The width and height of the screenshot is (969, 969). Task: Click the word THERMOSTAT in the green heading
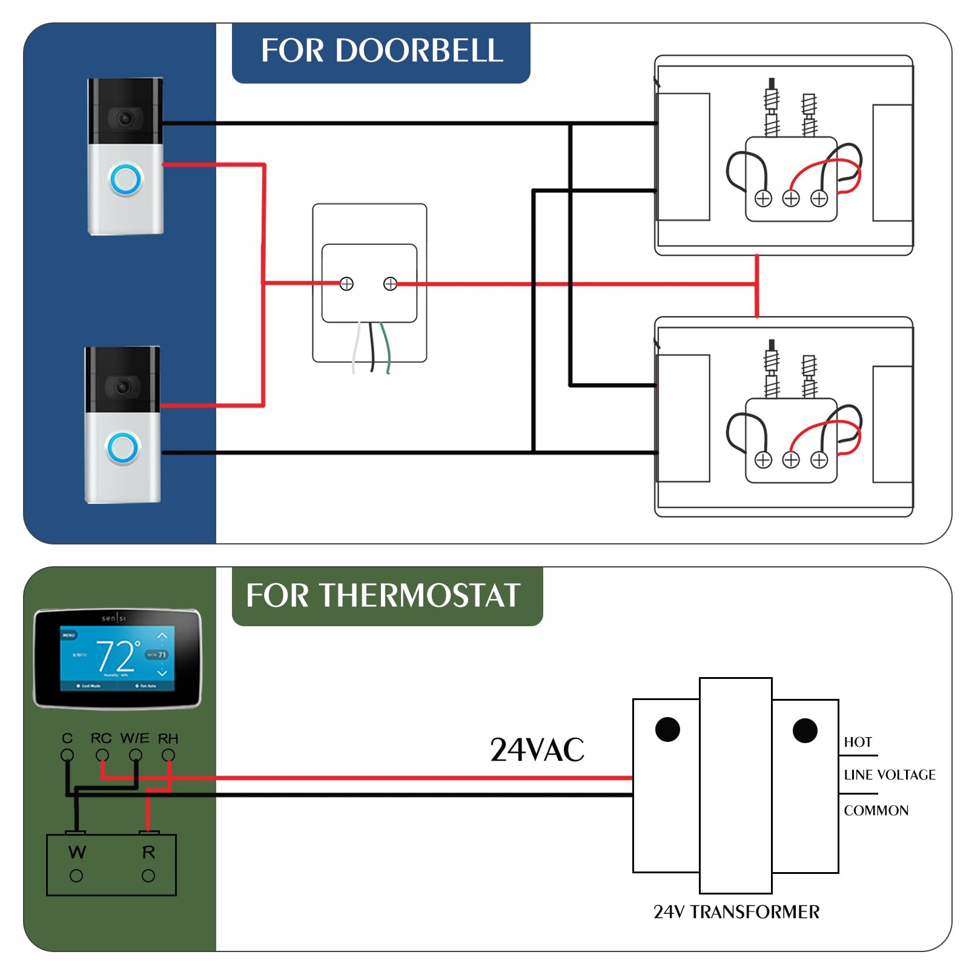click(x=420, y=595)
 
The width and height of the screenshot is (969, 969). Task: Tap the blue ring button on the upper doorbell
click(x=125, y=179)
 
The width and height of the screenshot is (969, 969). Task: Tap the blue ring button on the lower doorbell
click(x=123, y=448)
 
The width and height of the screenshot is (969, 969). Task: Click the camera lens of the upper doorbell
click(x=125, y=118)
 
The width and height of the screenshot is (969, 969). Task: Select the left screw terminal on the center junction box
click(x=346, y=283)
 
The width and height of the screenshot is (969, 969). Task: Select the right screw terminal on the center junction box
click(x=390, y=283)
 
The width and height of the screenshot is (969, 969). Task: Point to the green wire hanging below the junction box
click(x=386, y=348)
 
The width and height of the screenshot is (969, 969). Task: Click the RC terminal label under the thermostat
click(x=101, y=738)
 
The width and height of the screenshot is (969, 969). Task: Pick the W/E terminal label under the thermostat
click(x=134, y=738)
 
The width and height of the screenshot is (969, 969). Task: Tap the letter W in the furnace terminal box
click(x=77, y=852)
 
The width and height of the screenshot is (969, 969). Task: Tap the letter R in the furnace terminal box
click(x=148, y=852)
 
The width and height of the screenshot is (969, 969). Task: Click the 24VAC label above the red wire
click(x=537, y=750)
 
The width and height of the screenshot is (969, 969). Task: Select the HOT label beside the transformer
click(x=858, y=742)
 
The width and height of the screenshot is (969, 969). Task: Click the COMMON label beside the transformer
click(x=876, y=810)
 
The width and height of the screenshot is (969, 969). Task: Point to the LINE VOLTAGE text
click(x=889, y=775)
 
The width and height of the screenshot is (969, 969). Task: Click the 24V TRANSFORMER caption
click(x=736, y=911)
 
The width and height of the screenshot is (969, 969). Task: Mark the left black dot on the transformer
click(x=667, y=729)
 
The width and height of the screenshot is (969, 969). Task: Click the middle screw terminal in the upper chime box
click(x=791, y=198)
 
